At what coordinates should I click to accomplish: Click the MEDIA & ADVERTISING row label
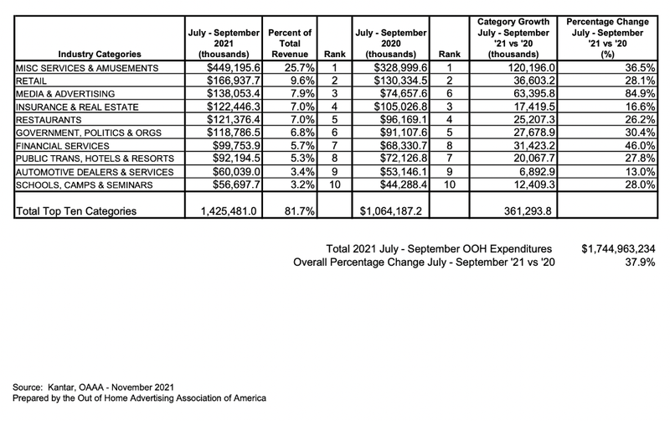tap(59, 94)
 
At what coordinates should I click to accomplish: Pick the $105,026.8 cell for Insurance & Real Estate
tap(392, 107)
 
